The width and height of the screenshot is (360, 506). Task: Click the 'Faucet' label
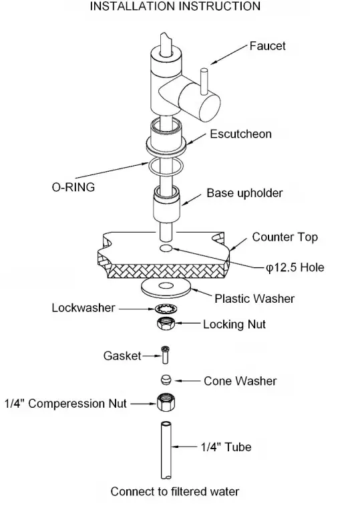pyautogui.click(x=267, y=46)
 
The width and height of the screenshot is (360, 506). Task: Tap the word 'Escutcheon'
pyautogui.click(x=240, y=134)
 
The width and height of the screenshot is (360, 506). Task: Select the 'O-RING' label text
pyautogui.click(x=73, y=187)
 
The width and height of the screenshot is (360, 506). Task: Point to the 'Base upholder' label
pyautogui.click(x=244, y=193)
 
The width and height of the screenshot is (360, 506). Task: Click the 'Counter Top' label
pyautogui.click(x=285, y=237)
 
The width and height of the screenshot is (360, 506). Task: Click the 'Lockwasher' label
pyautogui.click(x=82, y=308)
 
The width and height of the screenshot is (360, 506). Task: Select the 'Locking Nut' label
pyautogui.click(x=234, y=324)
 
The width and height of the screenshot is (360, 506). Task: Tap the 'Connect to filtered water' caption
pyautogui.click(x=174, y=491)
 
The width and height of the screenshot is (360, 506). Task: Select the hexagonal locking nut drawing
pyautogui.click(x=165, y=325)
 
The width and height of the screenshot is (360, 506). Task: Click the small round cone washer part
pyautogui.click(x=166, y=380)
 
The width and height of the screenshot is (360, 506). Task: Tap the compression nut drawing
pyautogui.click(x=165, y=403)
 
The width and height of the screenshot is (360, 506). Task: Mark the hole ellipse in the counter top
pyautogui.click(x=166, y=249)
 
